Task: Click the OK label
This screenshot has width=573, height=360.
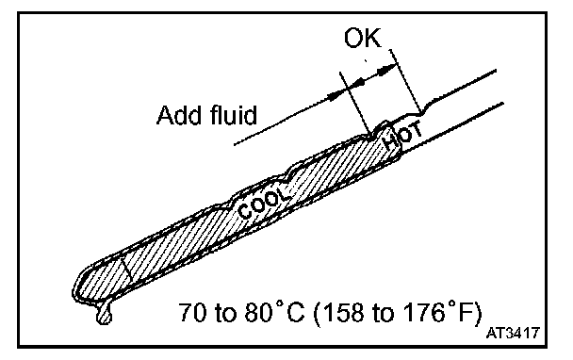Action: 363,38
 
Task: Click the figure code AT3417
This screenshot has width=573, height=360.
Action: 513,333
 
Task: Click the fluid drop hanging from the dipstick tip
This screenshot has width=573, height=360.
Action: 104,314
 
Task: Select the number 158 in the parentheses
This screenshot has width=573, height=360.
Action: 343,313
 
